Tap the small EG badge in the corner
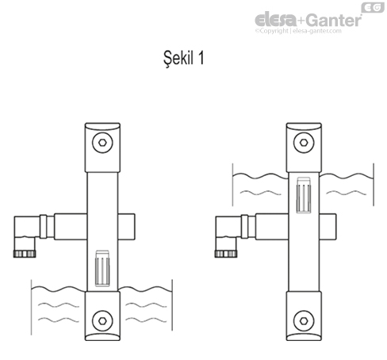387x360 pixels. [372, 7]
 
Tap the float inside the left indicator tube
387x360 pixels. [100, 268]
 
